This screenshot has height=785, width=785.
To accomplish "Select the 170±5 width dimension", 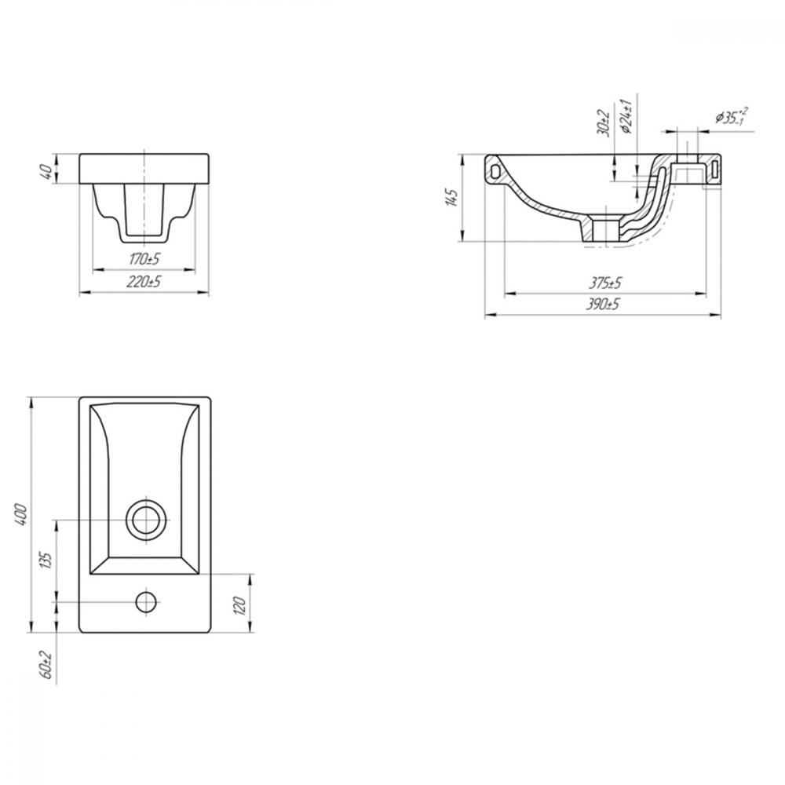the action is click(144, 259).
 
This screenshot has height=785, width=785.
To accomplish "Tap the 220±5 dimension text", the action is click(144, 282).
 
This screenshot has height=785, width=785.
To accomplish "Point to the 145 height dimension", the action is click(451, 198).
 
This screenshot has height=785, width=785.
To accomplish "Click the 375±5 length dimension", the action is click(604, 283).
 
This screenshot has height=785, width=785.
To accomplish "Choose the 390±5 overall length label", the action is click(603, 304).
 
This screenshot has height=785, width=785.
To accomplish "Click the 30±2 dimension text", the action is click(604, 122).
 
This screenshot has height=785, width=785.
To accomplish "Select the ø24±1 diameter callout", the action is click(626, 115).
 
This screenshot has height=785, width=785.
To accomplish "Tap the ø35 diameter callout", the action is click(732, 117).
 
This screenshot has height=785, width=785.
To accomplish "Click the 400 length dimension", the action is click(21, 514).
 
